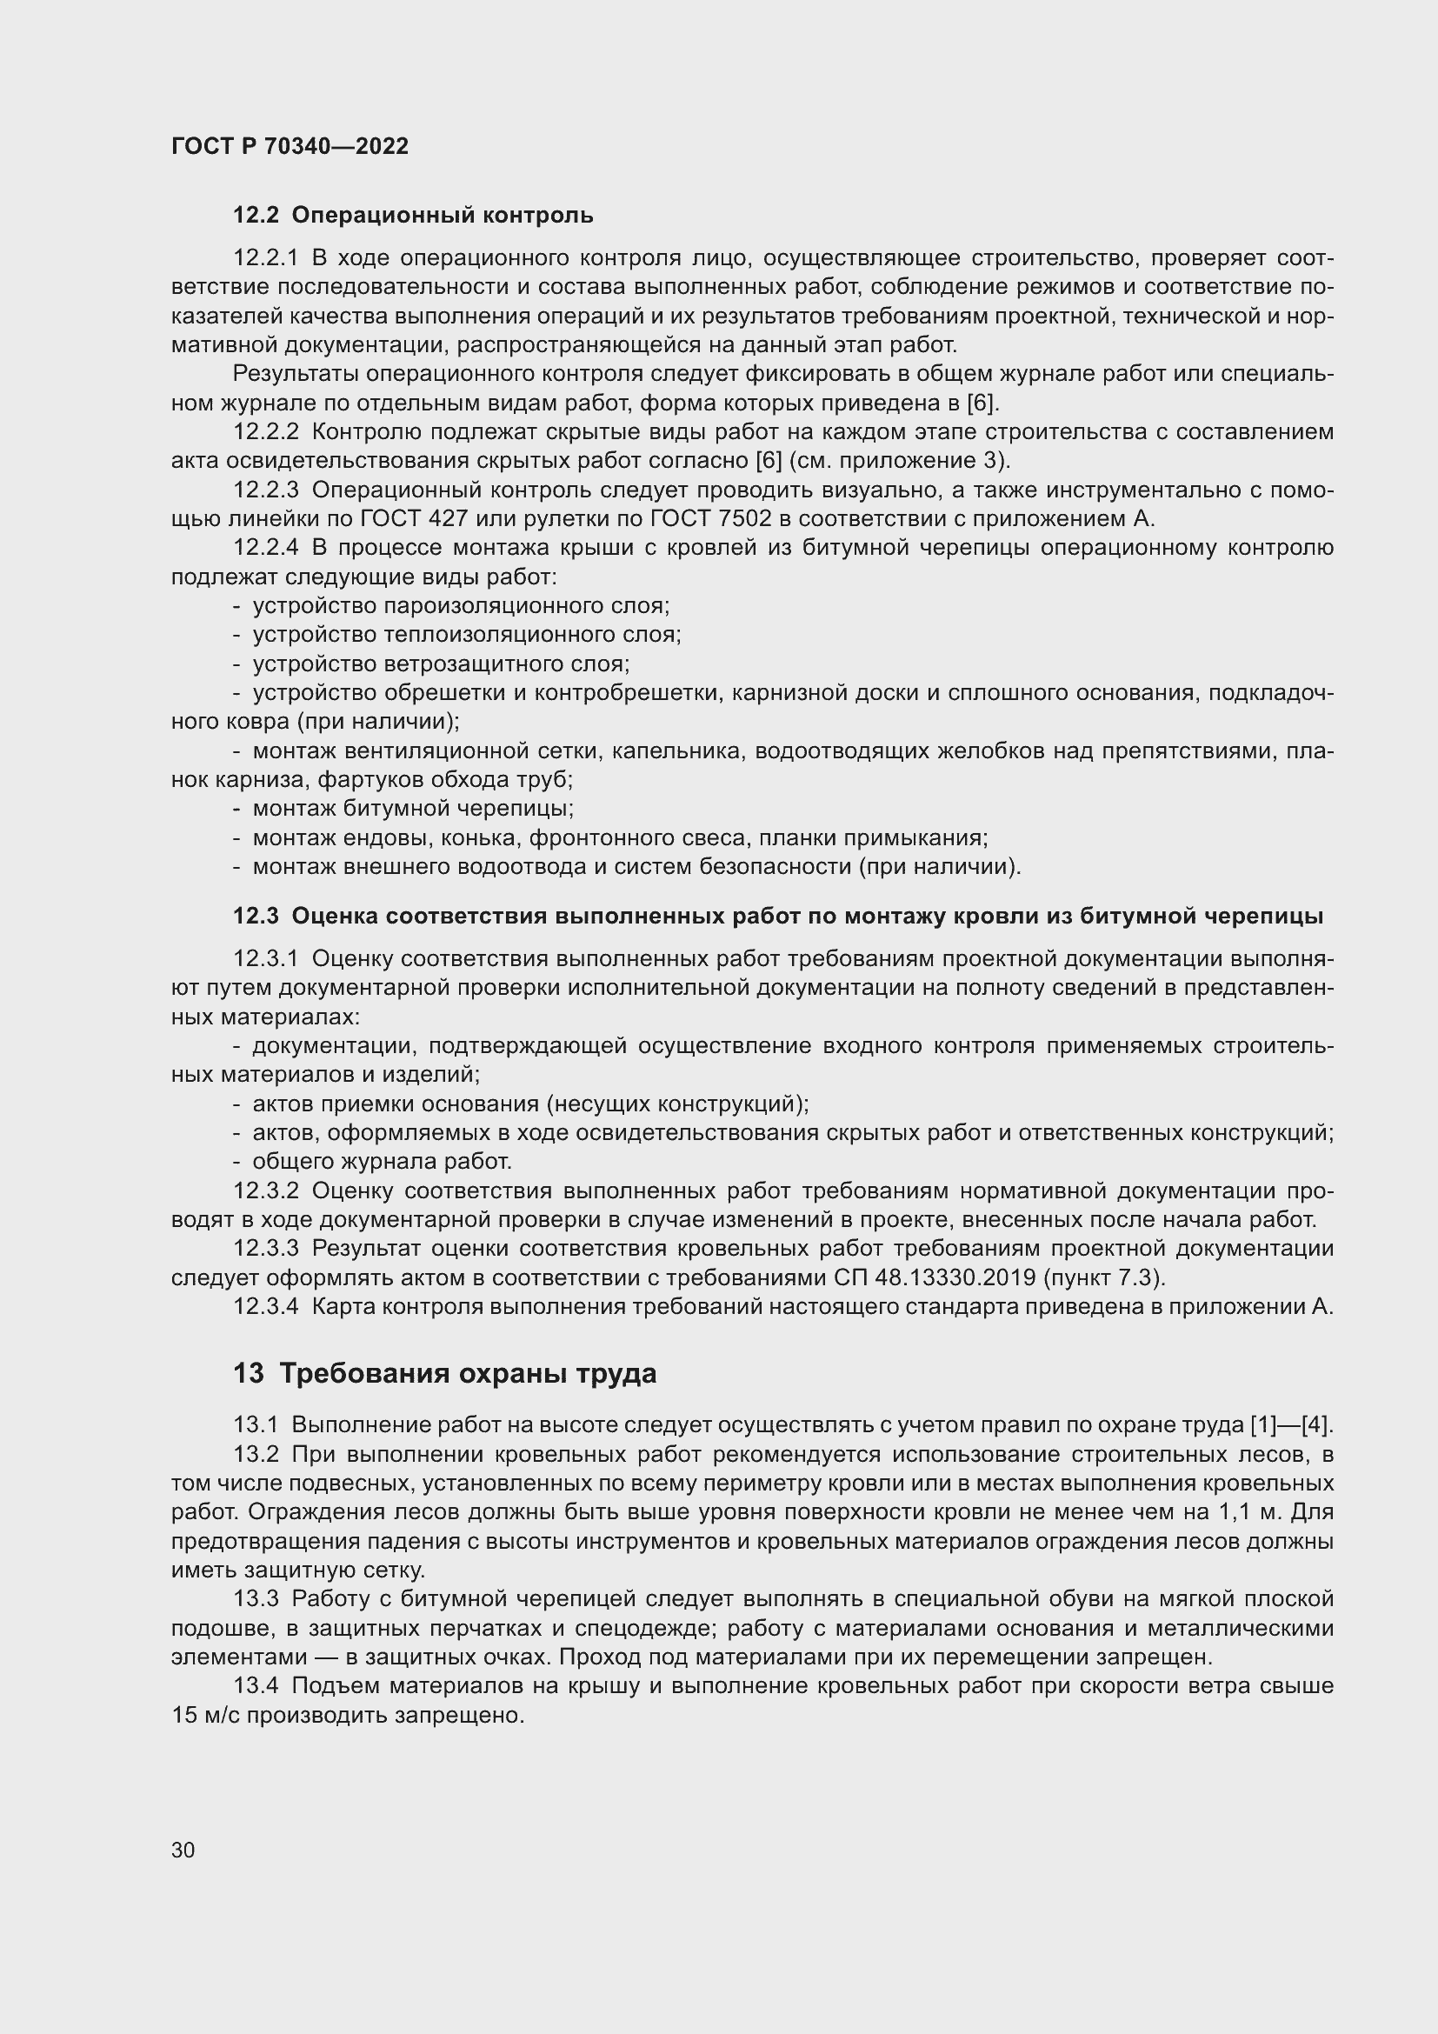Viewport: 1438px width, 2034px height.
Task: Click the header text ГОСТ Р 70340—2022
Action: [x=290, y=147]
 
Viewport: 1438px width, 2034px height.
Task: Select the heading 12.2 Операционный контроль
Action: [x=413, y=216]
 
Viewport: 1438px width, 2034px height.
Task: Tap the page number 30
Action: [x=183, y=1850]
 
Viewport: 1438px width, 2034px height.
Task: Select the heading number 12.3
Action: [x=256, y=916]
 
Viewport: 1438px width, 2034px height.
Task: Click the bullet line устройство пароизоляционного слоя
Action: [x=461, y=606]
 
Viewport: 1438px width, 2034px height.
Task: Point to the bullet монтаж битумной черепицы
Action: [x=413, y=808]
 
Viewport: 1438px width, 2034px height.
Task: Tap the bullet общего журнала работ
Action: [x=382, y=1162]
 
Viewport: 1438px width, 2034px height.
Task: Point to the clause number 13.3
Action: [x=256, y=1599]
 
